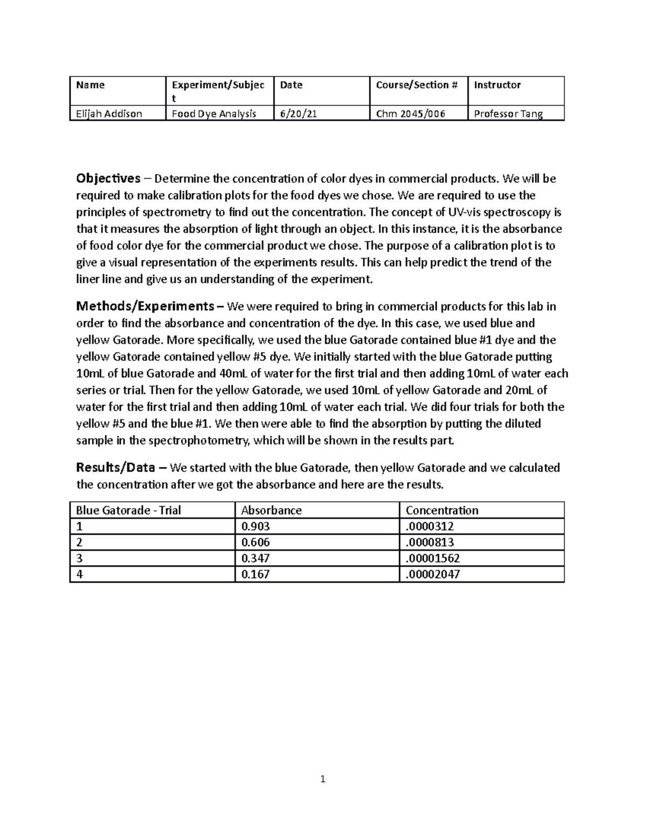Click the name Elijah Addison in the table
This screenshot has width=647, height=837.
coord(109,114)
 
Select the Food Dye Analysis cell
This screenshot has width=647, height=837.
coord(214,114)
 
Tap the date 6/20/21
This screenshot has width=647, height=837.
coord(298,114)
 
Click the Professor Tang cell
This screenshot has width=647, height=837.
coord(508,114)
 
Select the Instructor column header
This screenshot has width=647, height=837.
coord(497,85)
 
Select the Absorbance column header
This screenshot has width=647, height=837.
coord(271,510)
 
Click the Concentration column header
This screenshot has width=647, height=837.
coord(442,510)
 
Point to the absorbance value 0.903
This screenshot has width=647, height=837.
coord(256,527)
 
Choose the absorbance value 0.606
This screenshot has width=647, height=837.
coord(256,542)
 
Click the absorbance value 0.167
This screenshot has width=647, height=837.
coord(256,575)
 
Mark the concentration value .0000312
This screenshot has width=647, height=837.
coord(430,527)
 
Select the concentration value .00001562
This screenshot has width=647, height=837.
coord(433,558)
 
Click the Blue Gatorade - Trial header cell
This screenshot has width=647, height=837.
coord(128,510)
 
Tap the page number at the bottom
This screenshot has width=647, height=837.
coord(323,779)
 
